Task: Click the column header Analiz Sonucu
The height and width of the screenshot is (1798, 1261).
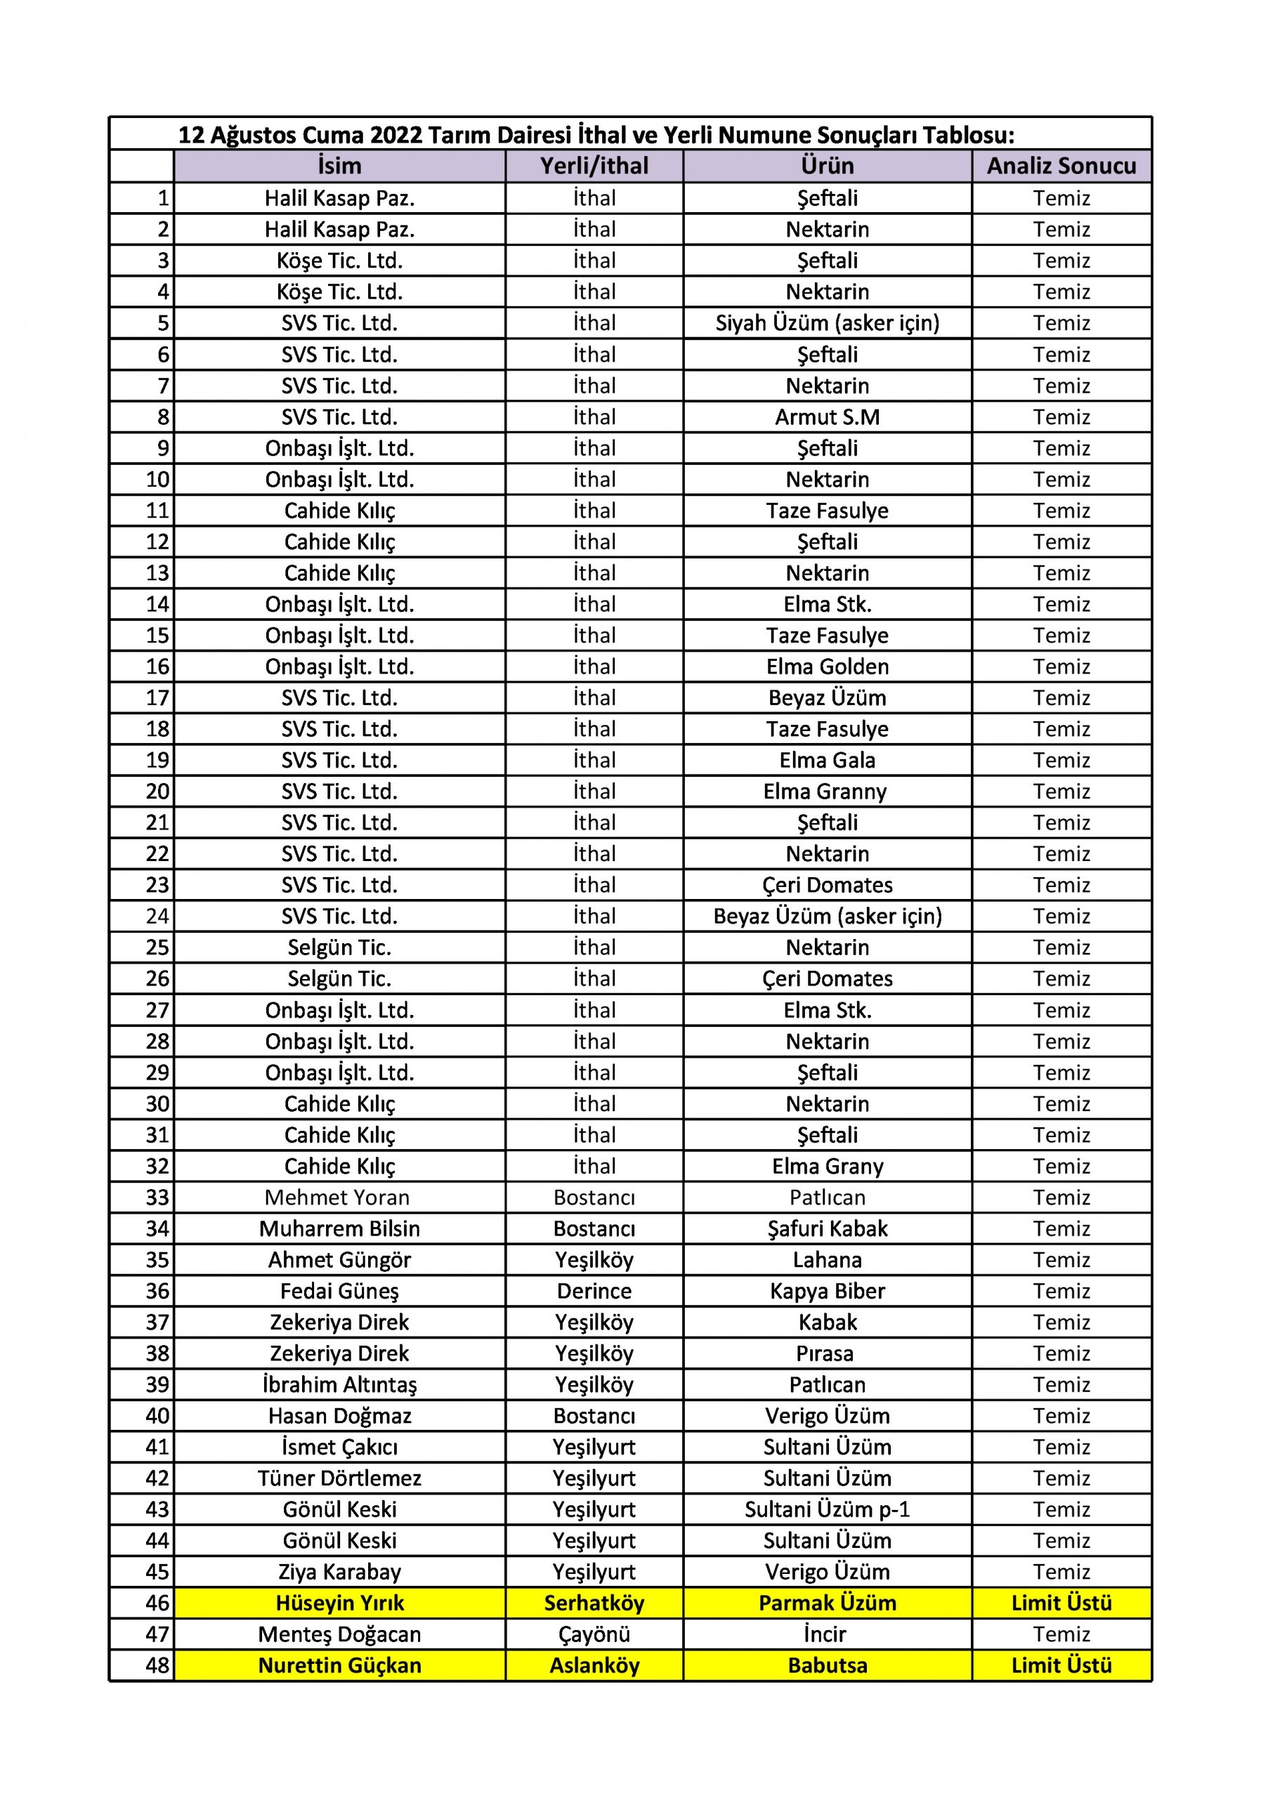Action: (1061, 166)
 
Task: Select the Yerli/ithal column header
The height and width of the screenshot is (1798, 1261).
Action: (594, 166)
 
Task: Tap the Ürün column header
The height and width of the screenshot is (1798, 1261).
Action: (827, 166)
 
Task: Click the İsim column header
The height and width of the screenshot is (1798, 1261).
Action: (339, 166)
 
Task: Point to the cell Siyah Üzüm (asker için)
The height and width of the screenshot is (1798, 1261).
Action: (827, 322)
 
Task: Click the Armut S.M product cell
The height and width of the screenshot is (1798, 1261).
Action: (827, 416)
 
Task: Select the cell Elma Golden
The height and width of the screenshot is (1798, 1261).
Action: (827, 667)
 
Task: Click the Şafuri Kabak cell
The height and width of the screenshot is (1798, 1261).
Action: (827, 1228)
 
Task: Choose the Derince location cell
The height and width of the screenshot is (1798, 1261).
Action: (594, 1290)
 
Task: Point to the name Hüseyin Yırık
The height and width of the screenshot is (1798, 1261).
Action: (339, 1603)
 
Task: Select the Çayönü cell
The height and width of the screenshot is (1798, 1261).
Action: (594, 1634)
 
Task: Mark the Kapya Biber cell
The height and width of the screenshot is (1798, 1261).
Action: (827, 1290)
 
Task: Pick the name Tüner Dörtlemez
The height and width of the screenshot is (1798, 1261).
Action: (339, 1478)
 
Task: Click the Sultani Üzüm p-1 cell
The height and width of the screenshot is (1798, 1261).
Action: (827, 1509)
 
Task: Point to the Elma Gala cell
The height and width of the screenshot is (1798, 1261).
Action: (827, 760)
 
